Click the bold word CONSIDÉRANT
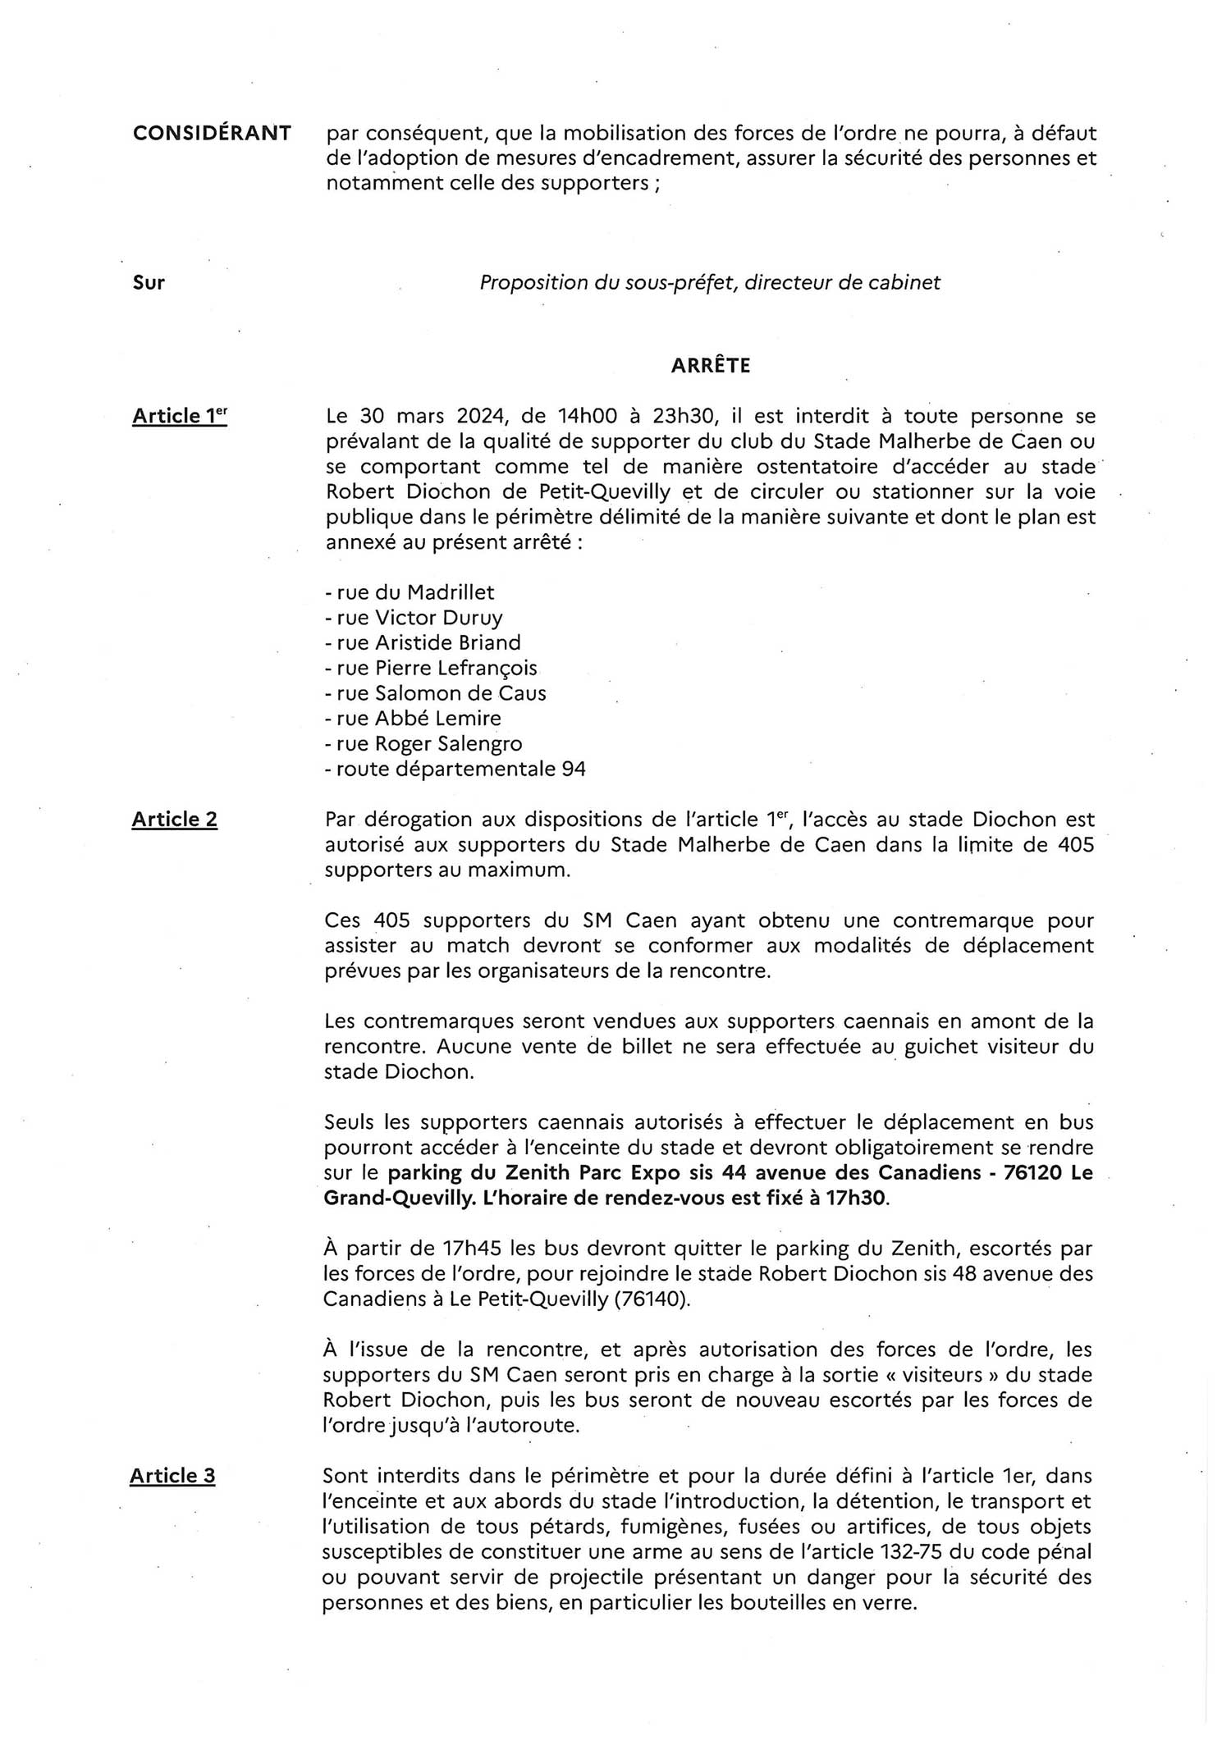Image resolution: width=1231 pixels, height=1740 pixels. [212, 133]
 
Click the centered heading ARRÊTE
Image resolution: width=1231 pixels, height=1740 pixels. [710, 366]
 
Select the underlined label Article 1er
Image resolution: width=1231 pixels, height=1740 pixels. [179, 417]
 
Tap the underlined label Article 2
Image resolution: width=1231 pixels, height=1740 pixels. [174, 820]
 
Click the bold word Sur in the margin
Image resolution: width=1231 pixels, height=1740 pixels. [149, 283]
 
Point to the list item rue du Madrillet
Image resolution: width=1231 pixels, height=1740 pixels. [410, 592]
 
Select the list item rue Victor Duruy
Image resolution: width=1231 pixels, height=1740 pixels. [414, 617]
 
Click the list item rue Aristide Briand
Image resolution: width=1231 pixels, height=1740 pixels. [423, 642]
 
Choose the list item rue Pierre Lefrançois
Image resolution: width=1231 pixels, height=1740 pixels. [432, 668]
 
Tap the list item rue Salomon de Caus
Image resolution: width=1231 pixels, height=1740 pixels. [436, 693]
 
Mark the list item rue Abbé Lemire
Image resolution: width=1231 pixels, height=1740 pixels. [414, 719]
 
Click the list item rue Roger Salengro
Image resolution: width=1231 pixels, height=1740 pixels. [424, 744]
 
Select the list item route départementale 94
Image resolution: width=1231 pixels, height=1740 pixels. [455, 770]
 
